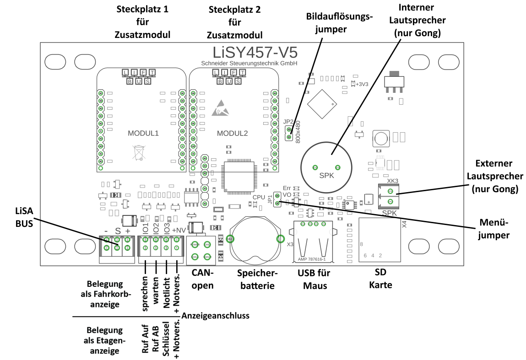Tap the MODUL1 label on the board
pos(143,134)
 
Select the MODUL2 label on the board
pos(232,134)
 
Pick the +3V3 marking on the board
pos(362,84)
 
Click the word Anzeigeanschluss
pos(216,315)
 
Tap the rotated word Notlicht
pos(167,293)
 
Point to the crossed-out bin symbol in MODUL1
pos(138,152)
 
